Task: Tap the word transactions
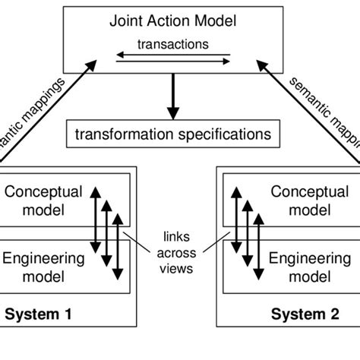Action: click(172, 44)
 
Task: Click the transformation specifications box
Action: click(172, 134)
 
